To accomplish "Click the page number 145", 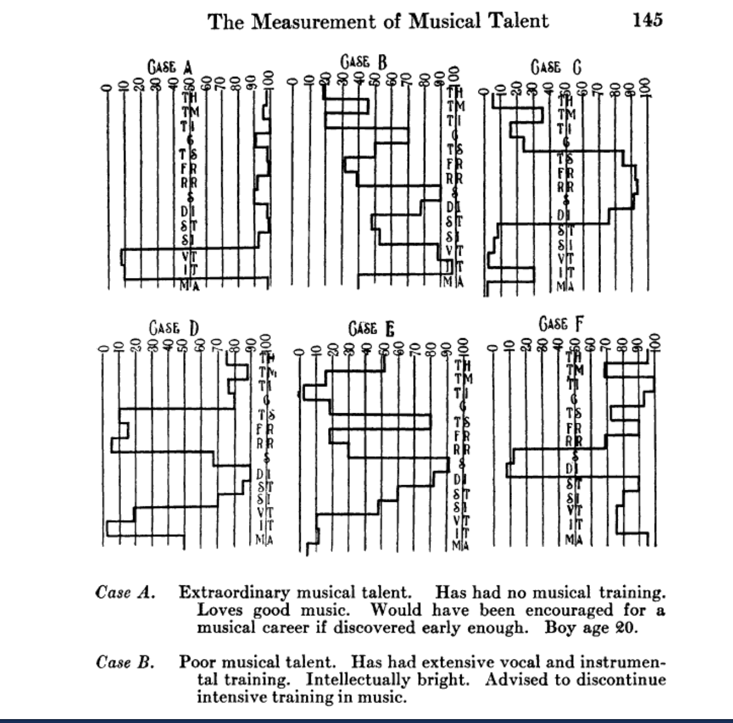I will pos(647,21).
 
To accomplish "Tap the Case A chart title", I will pos(170,68).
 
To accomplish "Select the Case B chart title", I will pos(363,61).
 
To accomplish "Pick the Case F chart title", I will pos(561,324).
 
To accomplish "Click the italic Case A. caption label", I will pos(125,592).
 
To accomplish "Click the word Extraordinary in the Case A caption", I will pos(234,592).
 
